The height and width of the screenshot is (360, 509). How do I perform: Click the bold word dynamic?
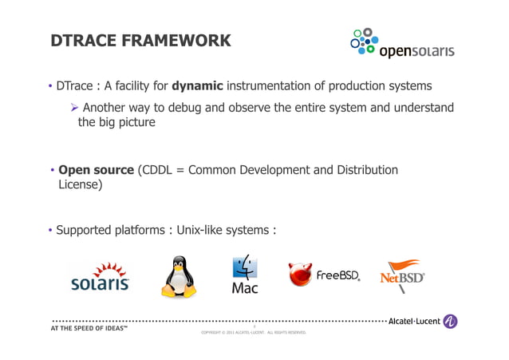click(x=199, y=86)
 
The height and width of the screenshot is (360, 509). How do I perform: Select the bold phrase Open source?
click(x=97, y=170)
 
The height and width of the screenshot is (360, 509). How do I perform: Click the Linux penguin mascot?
click(x=180, y=276)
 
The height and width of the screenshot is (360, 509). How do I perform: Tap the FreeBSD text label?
click(x=338, y=276)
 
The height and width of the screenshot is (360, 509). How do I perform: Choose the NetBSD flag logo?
click(x=402, y=275)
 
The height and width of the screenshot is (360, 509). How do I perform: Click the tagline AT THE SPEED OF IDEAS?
click(x=89, y=329)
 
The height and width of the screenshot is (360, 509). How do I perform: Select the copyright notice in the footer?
click(x=253, y=332)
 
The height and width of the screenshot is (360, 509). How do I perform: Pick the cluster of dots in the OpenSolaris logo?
click(x=363, y=42)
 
